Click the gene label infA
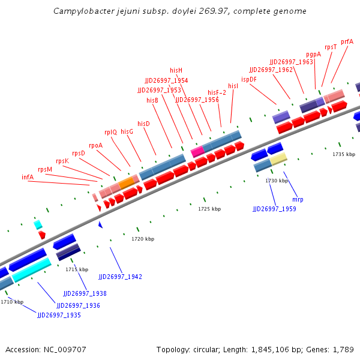point(28,177)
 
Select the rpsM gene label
point(45,169)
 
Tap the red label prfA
point(347,41)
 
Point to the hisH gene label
point(176,70)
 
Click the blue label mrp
point(298,199)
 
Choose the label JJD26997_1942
point(120,277)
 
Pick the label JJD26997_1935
point(59,315)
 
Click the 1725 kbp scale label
point(209,209)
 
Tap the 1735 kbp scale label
point(344,154)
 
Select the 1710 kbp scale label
point(12,302)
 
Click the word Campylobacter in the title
point(81,11)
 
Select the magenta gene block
point(197,151)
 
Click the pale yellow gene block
point(278,159)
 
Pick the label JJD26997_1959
point(274,209)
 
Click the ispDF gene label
point(249,79)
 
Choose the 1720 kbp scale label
point(143,239)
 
